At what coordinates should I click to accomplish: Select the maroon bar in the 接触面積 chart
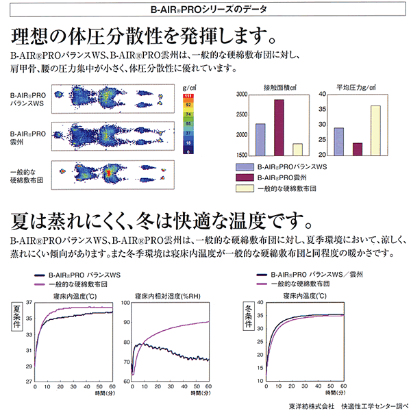[278, 128]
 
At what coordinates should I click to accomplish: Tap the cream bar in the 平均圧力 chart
[375, 131]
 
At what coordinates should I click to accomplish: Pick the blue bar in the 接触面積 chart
[260, 140]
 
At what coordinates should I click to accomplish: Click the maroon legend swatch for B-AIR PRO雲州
[245, 177]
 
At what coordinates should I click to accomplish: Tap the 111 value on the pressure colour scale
[186, 97]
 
